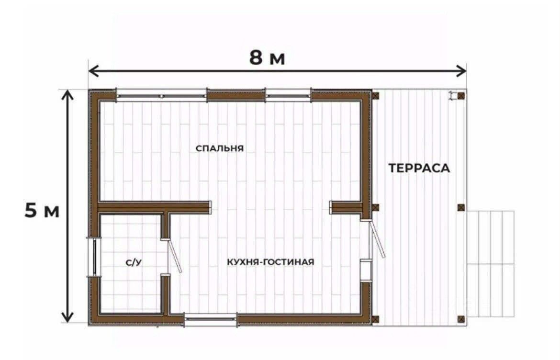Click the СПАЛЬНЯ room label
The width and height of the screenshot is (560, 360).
(220, 148)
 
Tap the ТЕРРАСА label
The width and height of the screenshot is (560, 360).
(419, 168)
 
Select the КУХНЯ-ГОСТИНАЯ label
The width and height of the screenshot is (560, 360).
(271, 262)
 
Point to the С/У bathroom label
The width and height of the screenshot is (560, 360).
(134, 263)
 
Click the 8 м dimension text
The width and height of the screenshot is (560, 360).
(267, 57)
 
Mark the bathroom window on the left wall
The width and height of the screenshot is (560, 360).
(94, 257)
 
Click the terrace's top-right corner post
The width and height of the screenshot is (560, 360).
(461, 96)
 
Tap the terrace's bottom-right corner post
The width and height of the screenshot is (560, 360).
(461, 319)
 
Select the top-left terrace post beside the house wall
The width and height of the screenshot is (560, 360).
(376, 96)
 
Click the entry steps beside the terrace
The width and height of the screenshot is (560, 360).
(491, 264)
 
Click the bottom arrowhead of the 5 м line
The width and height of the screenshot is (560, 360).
(67, 316)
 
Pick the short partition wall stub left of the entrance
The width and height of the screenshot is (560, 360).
(346, 207)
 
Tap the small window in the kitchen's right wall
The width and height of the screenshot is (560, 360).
(365, 271)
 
